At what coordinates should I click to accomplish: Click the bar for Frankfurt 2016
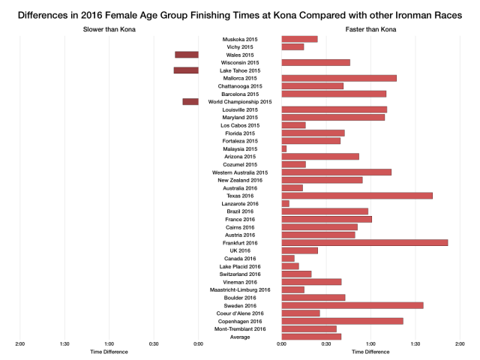[364, 243]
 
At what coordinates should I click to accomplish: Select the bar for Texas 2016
[357, 196]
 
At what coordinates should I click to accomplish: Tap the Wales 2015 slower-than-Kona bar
[187, 55]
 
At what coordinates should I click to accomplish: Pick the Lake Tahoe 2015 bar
[186, 70]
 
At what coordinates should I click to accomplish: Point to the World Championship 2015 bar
[190, 102]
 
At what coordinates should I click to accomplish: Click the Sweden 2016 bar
[352, 305]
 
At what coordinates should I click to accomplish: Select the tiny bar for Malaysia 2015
[284, 148]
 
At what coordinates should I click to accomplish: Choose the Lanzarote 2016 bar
[286, 203]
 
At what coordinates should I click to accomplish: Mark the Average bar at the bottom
[311, 337]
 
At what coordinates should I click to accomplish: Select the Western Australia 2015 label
[240, 172]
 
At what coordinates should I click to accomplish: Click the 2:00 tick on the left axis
[20, 344]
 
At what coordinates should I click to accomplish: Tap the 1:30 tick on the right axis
[415, 344]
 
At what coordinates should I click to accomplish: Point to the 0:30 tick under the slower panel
[154, 344]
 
